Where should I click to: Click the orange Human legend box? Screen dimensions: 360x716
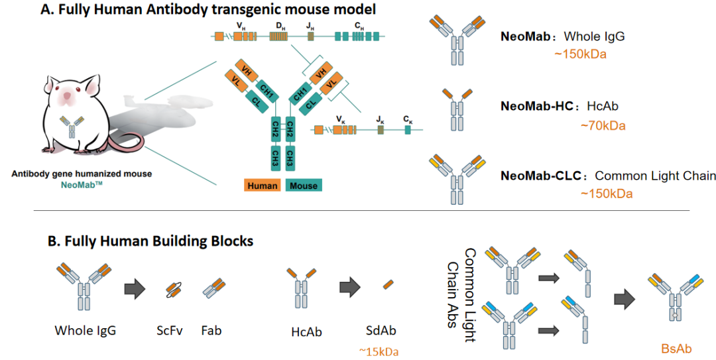click(x=263, y=186)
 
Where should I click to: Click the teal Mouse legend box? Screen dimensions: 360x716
click(x=304, y=186)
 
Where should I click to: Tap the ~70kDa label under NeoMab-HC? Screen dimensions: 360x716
click(x=602, y=124)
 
